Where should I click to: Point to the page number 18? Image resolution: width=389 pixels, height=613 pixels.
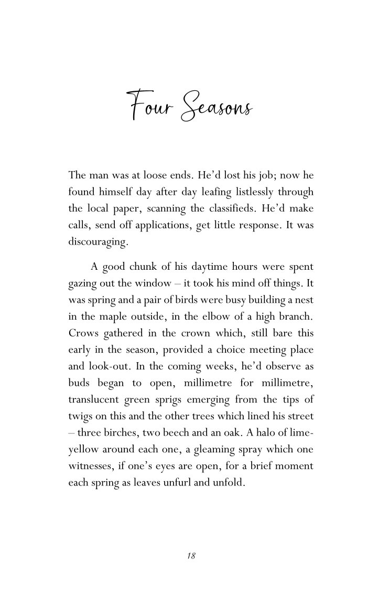tap(191, 556)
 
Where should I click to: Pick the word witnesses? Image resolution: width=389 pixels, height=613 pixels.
tap(90, 466)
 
